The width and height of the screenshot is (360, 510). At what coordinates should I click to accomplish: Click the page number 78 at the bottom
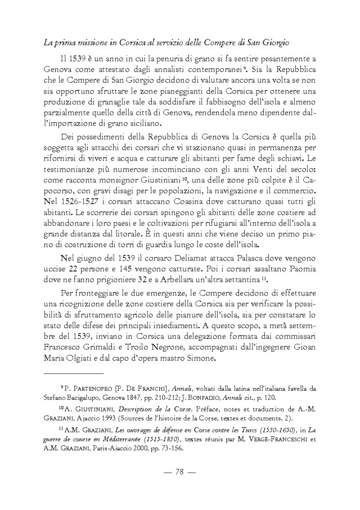point(179,487)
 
